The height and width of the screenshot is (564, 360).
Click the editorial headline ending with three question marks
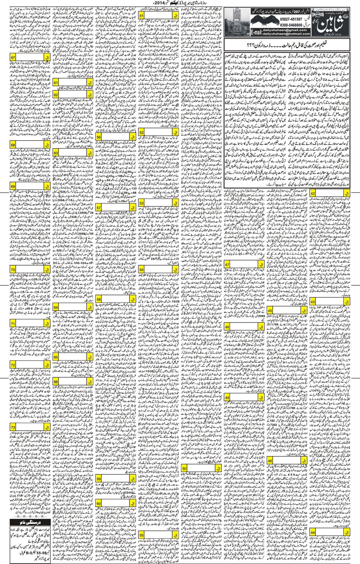[x=287, y=45]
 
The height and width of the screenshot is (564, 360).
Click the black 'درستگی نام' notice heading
[x=30, y=523]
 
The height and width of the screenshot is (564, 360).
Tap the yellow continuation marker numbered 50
[x=184, y=468]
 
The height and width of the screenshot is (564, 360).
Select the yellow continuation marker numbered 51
[x=142, y=16]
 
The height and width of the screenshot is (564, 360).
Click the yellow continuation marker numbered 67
[x=13, y=58]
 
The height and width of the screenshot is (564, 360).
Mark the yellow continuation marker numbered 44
[x=312, y=532]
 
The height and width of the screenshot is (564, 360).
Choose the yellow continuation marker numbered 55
[x=142, y=535]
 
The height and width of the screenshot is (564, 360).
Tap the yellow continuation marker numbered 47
[x=227, y=264]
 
